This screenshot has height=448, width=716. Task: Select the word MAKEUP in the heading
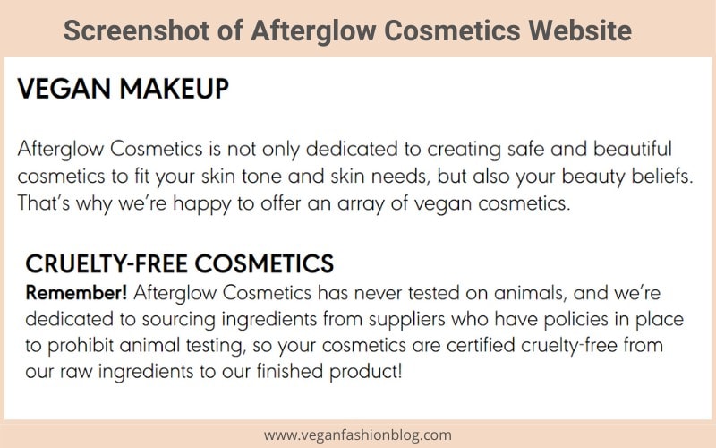coord(174,89)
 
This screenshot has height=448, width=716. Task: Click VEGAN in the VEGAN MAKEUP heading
coord(64,89)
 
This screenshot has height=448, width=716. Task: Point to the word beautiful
coord(633,149)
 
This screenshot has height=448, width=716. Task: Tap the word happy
coord(201,204)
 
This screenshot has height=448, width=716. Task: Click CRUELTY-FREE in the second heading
coord(107,263)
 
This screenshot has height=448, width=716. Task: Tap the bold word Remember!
coord(76,293)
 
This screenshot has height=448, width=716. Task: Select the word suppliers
coord(407,320)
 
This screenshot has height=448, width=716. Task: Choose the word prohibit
coord(81,346)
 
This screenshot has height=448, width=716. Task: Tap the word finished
coord(290,371)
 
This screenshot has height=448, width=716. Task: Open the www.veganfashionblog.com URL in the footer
coord(357,435)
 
